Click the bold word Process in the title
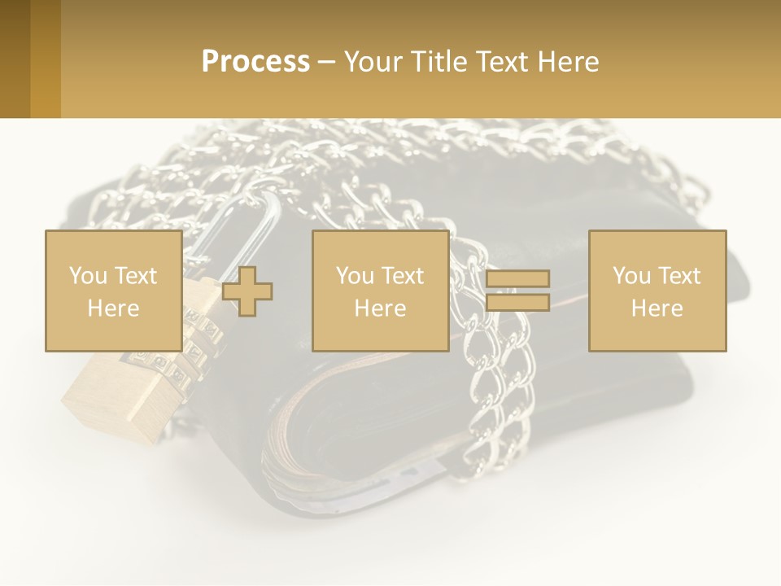click(x=255, y=61)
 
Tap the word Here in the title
click(x=569, y=62)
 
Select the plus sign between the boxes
click(x=247, y=291)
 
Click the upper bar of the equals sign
click(x=517, y=279)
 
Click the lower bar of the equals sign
click(x=517, y=303)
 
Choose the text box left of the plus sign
click(x=113, y=291)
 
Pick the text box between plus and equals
click(x=380, y=291)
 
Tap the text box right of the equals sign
click(x=657, y=291)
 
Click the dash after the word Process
click(x=326, y=63)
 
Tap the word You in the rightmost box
click(x=631, y=276)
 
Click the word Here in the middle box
click(x=380, y=308)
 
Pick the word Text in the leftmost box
click(x=136, y=276)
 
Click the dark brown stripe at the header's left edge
click(x=15, y=59)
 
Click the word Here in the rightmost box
click(x=657, y=308)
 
